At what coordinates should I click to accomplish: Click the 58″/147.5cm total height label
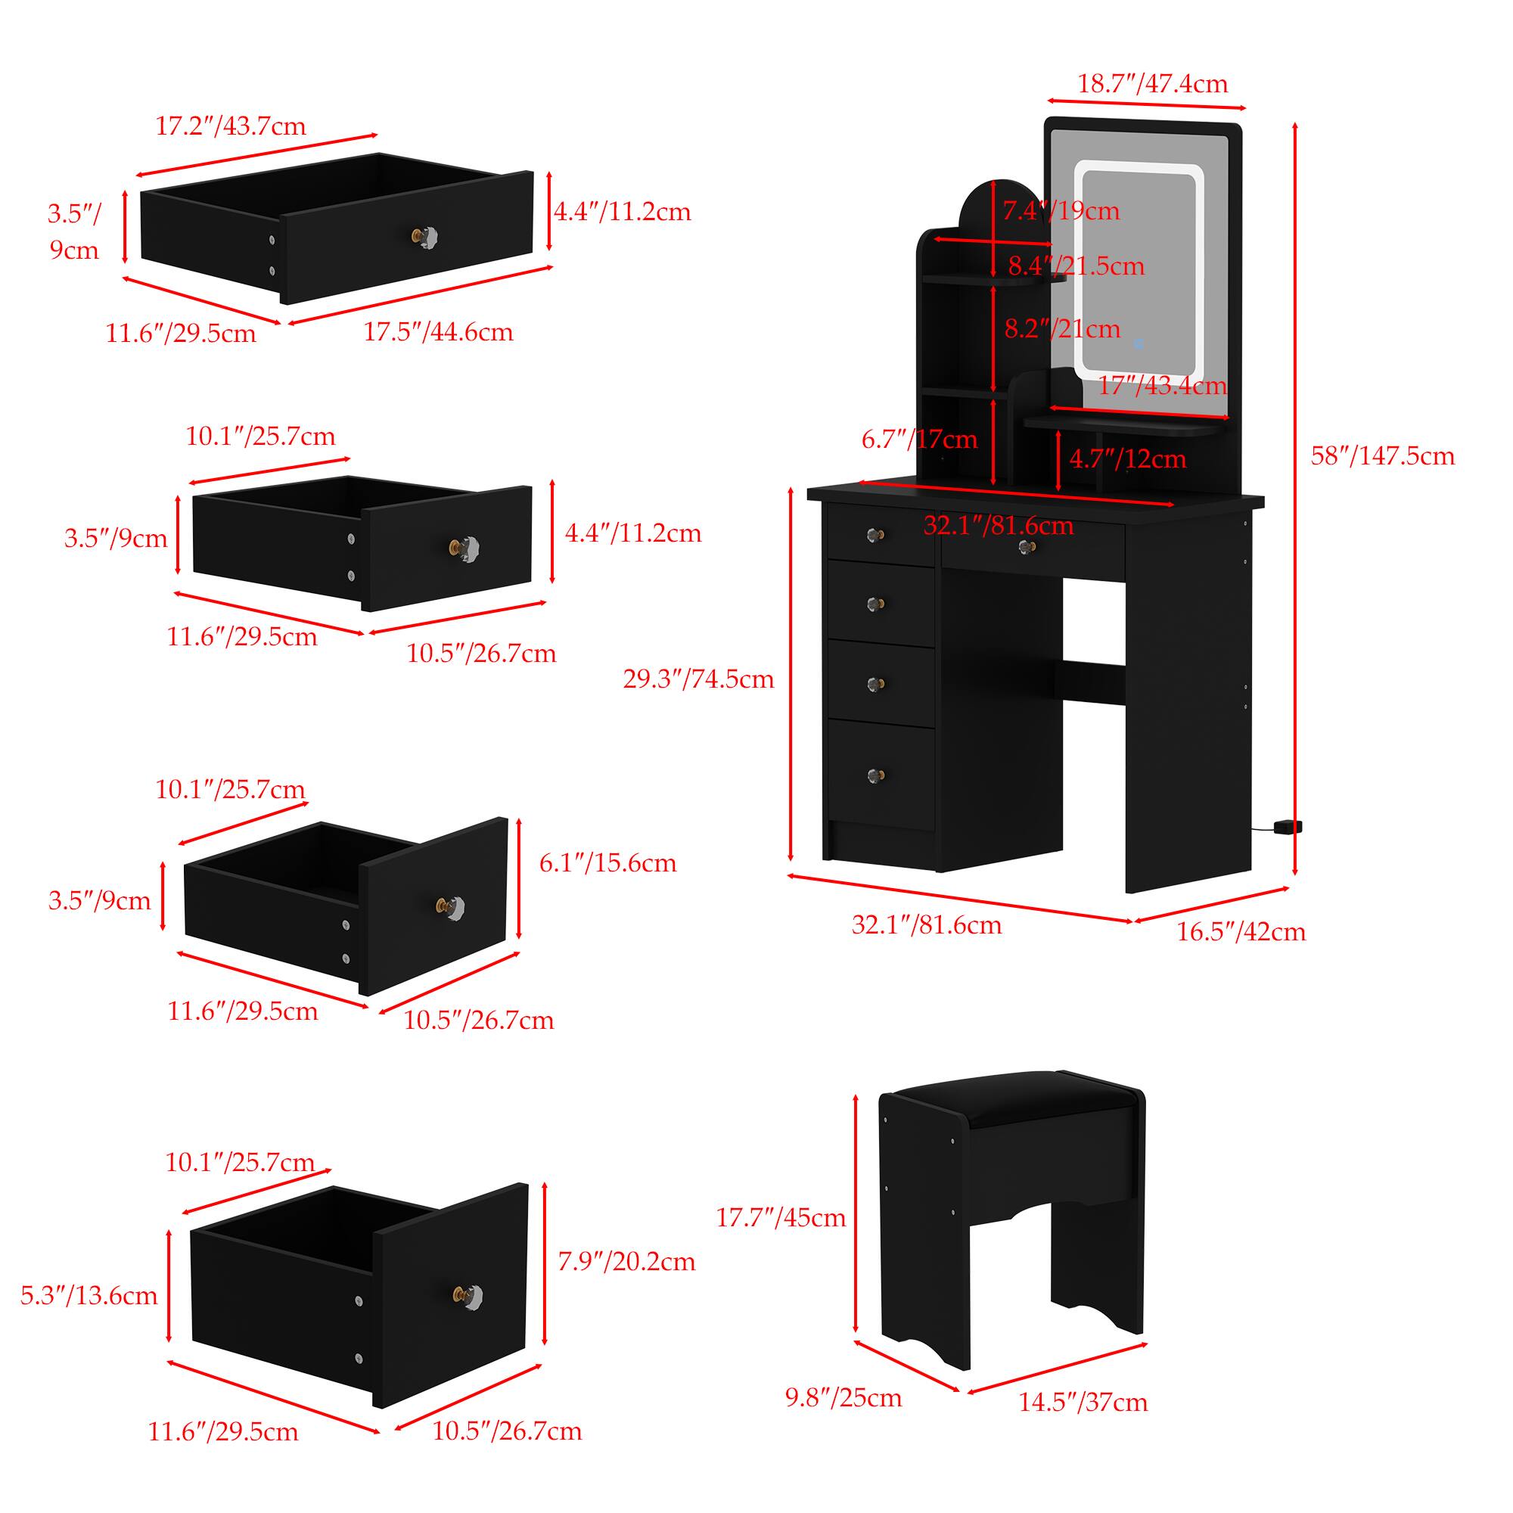[x=1382, y=455]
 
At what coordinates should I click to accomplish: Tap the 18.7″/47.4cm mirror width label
[x=1153, y=83]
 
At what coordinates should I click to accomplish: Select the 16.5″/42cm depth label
[x=1241, y=932]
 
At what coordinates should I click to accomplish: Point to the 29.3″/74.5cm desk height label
[x=698, y=679]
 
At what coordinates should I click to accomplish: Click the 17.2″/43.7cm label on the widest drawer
[x=230, y=126]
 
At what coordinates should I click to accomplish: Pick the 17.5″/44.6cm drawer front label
[x=438, y=332]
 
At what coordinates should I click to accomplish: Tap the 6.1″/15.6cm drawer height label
[x=607, y=863]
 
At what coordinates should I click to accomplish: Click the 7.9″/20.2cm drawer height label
[x=626, y=1262]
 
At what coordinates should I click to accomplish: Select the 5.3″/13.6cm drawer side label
[x=89, y=1295]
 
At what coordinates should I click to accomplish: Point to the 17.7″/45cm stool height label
[x=781, y=1218]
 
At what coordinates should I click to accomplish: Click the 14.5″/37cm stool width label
[x=1083, y=1402]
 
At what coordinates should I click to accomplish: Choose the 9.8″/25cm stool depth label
[x=843, y=1398]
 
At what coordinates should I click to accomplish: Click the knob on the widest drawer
[x=425, y=235]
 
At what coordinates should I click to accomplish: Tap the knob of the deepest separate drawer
[x=468, y=1297]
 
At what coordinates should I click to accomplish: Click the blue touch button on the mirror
[x=1138, y=343]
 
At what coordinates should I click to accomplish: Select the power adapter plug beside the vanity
[x=1288, y=827]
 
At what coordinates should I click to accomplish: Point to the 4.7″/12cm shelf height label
[x=1128, y=459]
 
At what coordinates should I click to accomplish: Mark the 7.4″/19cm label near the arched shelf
[x=1061, y=210]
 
